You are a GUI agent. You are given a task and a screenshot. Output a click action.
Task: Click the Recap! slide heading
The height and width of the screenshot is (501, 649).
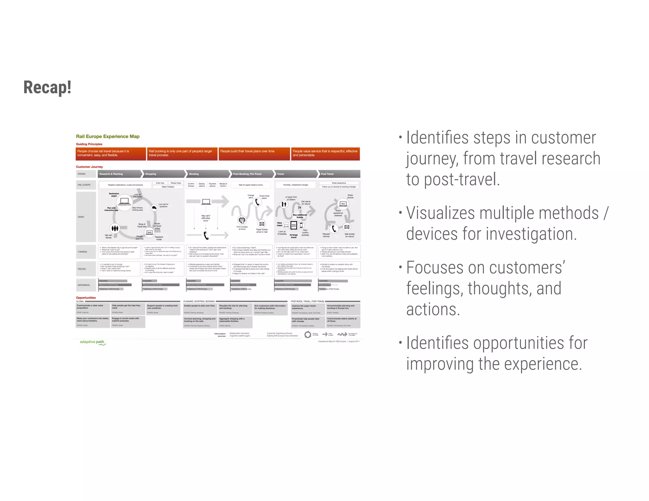click(x=48, y=87)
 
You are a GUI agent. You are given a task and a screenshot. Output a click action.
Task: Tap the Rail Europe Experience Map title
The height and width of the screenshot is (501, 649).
click(x=108, y=136)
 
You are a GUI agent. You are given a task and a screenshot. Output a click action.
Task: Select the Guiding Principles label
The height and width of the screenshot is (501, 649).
click(x=89, y=144)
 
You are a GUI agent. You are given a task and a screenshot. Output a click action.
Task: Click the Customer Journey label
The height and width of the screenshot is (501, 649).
click(x=89, y=167)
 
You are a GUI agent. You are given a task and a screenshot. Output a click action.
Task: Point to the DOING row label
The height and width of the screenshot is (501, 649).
click(x=81, y=217)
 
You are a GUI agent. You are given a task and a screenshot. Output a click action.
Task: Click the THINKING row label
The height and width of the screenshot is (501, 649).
click(x=82, y=252)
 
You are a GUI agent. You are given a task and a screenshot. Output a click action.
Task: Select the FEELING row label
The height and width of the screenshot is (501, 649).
click(x=82, y=269)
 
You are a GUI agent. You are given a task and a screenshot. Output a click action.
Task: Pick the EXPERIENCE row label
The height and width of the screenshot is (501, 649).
click(x=84, y=285)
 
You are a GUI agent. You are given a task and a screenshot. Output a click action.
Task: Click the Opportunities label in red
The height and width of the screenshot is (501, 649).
click(x=86, y=298)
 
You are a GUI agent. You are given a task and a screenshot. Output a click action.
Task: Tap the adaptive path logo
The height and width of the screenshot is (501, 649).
click(x=93, y=342)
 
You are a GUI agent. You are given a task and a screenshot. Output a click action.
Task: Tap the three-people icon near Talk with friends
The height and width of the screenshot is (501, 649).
click(x=115, y=228)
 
